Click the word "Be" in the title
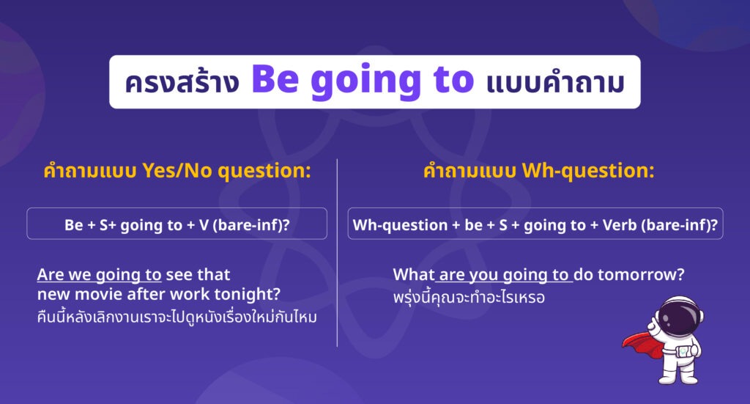275,79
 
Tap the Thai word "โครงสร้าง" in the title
182,82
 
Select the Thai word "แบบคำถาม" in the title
555,82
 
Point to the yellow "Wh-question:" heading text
588,171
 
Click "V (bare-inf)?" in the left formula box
245,225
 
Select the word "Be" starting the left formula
74,225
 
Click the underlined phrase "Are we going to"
99,275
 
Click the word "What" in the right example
414,274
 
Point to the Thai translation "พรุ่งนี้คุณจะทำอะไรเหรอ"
469,297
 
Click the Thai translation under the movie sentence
177,317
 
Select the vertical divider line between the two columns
337,253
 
